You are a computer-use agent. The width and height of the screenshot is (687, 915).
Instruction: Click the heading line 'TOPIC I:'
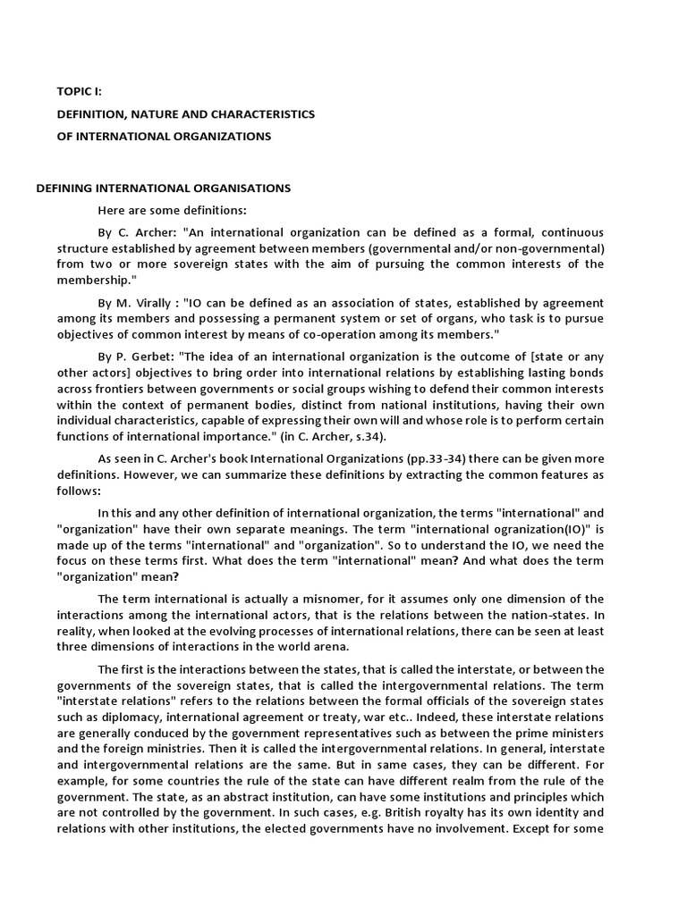pos(81,91)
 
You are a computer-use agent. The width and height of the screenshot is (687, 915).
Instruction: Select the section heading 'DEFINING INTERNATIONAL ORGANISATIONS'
pos(163,188)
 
